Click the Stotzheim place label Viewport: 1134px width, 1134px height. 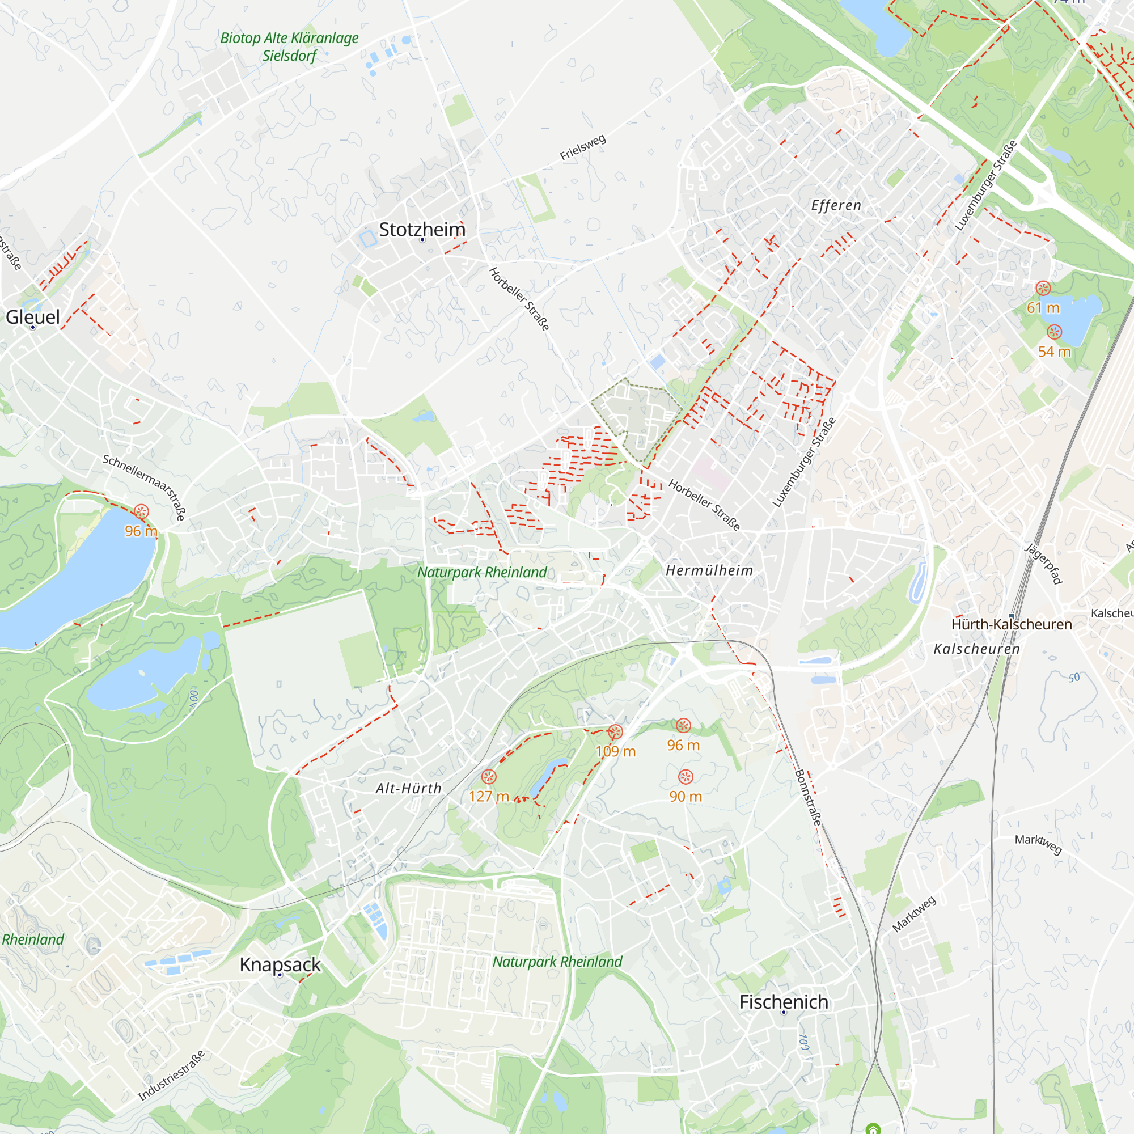(422, 230)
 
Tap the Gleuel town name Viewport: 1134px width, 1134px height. (33, 317)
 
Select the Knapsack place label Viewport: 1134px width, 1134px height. (280, 964)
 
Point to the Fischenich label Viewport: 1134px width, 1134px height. (784, 1002)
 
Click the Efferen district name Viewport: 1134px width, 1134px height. (836, 205)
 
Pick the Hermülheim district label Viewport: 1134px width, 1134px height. (709, 570)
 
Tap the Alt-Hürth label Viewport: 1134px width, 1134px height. (408, 788)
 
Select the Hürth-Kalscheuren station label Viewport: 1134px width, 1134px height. (1012, 624)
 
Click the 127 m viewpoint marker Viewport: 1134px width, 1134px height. (489, 777)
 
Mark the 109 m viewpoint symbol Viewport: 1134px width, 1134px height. (615, 732)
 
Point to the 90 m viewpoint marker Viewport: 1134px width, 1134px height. (686, 777)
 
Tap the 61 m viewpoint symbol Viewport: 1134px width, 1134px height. (1043, 288)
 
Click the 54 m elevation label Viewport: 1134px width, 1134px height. (1054, 352)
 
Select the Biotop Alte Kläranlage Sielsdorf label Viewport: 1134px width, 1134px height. (289, 47)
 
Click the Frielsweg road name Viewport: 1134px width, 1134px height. (582, 147)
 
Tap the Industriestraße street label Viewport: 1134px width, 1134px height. (171, 1075)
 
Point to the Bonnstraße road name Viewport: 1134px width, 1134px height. (807, 798)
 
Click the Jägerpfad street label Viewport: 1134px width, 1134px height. (1044, 564)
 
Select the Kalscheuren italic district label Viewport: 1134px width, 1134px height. (977, 649)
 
